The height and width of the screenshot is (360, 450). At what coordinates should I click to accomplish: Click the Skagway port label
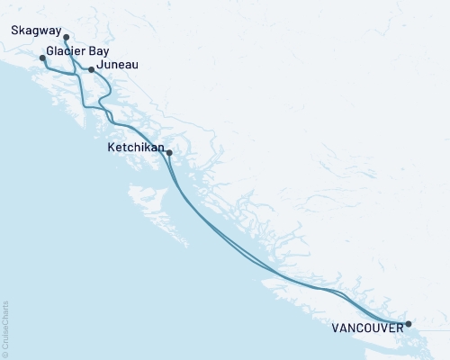click(37, 30)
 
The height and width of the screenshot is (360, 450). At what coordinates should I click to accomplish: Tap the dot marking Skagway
click(67, 38)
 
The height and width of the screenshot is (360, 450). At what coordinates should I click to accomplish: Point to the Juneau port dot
click(91, 68)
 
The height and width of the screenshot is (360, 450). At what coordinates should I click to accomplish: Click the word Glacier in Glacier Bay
click(65, 52)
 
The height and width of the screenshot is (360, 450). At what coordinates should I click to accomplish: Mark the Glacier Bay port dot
click(42, 58)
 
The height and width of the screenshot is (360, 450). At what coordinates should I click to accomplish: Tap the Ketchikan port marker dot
click(169, 153)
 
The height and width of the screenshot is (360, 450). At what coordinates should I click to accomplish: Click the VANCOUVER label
click(366, 328)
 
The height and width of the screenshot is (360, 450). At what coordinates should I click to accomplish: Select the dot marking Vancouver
click(408, 324)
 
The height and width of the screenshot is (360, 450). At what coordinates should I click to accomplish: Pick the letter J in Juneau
click(102, 65)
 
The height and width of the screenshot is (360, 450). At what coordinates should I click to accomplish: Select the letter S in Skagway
click(16, 30)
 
